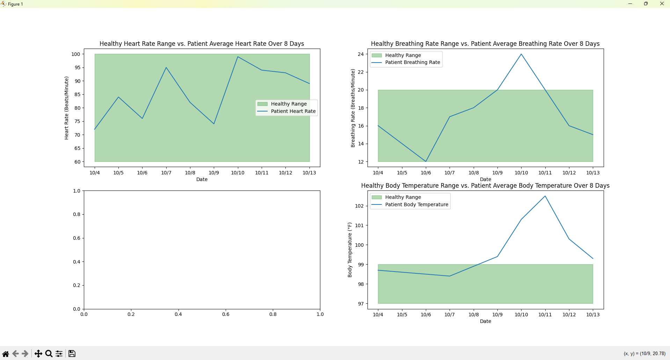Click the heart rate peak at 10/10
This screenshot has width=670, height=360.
238,57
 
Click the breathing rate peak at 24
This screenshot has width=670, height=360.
521,54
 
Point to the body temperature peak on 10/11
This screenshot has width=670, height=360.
545,196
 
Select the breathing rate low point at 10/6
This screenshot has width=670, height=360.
426,161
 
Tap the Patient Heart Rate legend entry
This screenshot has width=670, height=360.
293,111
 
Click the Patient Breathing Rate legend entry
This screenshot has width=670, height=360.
412,62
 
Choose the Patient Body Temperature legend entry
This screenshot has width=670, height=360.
416,204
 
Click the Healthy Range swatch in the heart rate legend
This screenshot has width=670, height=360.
262,104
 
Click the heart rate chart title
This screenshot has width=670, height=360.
202,44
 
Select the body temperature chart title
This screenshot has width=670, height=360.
485,186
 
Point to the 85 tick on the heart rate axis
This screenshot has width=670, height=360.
77,94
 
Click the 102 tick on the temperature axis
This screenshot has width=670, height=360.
359,206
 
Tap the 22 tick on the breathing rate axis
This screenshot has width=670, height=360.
361,72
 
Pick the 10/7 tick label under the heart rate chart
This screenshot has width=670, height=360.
166,173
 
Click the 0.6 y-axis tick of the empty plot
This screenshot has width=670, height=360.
77,238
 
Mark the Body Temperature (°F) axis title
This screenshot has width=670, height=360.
350,250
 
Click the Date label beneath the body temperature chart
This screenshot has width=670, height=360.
485,321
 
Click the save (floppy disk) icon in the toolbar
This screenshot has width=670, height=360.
72,354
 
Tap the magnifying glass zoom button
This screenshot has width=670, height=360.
49,354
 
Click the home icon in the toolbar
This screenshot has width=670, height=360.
6,354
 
